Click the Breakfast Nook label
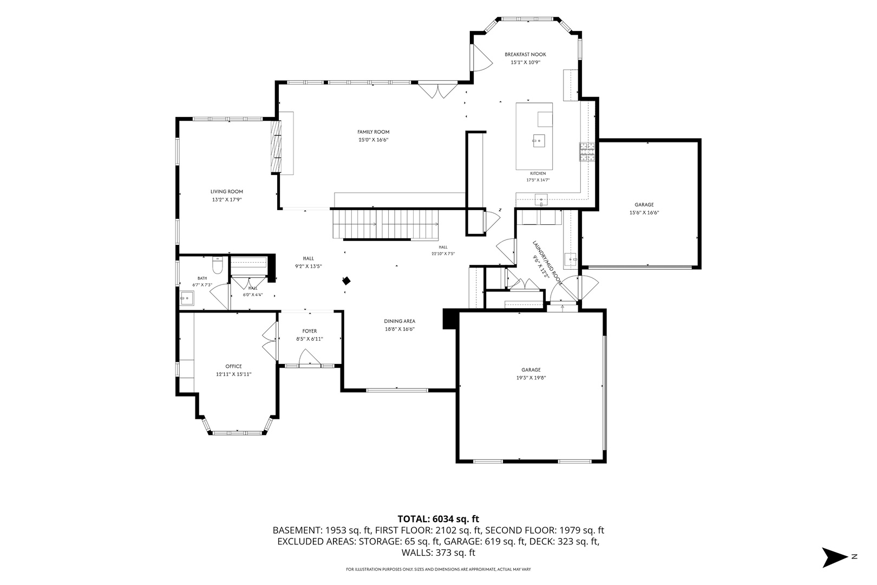525,55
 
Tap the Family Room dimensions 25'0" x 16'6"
373,140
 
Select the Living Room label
227,192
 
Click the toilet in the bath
217,265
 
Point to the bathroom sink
187,298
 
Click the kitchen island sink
539,140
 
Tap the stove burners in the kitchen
587,152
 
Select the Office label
233,366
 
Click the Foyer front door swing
309,357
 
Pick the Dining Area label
400,321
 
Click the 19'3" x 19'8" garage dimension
531,378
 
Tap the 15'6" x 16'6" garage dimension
644,213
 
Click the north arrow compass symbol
836,557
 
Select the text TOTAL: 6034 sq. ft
438,519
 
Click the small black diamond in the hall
346,281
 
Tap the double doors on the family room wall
438,90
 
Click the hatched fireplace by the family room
276,147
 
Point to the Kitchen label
538,173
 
